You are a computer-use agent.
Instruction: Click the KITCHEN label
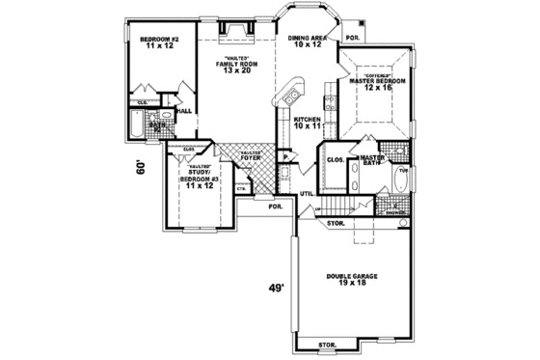(x=307, y=120)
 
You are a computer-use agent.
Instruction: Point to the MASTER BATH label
(x=371, y=160)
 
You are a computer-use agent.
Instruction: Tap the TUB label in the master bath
(x=403, y=169)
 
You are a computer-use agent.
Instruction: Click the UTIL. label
(x=308, y=194)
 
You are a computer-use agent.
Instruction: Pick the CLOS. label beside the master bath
(x=336, y=159)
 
